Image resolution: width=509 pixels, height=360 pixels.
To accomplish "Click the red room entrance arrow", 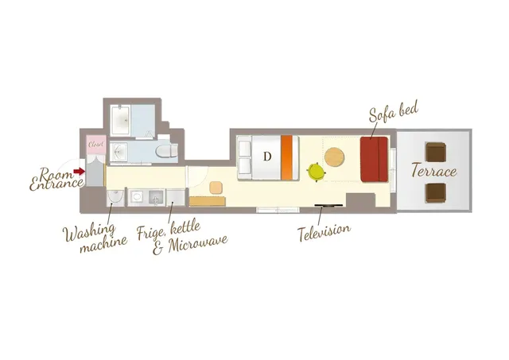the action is (79, 171).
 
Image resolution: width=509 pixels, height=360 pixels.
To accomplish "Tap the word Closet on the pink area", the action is (96, 144).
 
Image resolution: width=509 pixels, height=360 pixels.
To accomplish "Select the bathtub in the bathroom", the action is (120, 120).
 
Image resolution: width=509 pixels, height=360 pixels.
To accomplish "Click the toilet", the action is (167, 151).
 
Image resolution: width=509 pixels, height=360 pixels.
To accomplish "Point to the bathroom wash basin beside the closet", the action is (119, 152).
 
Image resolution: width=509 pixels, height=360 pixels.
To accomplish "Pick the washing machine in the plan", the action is (115, 198).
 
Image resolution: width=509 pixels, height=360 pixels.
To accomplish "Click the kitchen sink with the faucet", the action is (157, 198).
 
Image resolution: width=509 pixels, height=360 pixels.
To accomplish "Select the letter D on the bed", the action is (267, 157).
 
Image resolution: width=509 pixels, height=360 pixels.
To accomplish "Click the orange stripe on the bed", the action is (286, 157).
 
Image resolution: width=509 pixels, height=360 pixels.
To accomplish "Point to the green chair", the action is (316, 171).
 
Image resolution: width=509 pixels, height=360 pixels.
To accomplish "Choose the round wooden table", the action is (334, 157).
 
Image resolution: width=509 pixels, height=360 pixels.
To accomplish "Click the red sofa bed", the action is (375, 159).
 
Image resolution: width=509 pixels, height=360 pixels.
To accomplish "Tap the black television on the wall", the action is (328, 205).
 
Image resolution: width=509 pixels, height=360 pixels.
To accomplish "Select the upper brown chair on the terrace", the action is (436, 152).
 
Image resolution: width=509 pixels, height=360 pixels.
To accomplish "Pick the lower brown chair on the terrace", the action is (436, 193).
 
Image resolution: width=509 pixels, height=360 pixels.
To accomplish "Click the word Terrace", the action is (434, 171).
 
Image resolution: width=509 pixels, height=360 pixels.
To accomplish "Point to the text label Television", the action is (324, 231).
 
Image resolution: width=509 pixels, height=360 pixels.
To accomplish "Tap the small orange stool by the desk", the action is (216, 188).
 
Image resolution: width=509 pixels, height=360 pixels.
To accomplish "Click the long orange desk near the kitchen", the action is (208, 201).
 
